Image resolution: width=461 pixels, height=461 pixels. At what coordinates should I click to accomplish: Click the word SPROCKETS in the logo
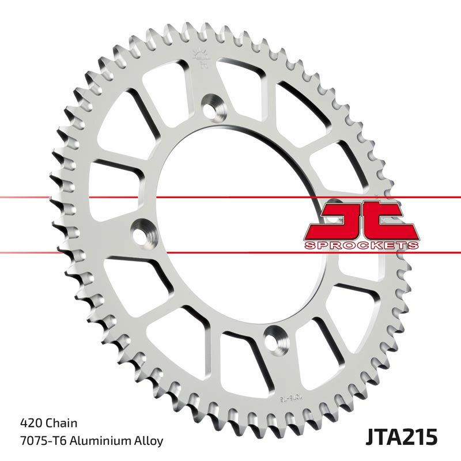[360, 245]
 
